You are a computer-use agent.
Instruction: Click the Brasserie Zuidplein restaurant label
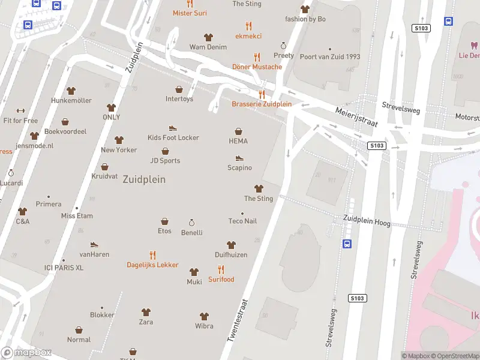pos(262,104)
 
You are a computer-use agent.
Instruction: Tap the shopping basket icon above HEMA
pos(238,131)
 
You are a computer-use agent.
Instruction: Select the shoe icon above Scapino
pos(239,158)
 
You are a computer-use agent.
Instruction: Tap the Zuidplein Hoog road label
pos(367,221)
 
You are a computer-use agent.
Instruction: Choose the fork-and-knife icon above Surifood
pos(221,269)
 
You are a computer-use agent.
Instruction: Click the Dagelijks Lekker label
pos(152,265)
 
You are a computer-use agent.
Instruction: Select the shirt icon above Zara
pos(146,312)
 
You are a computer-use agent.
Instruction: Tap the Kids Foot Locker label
pos(173,137)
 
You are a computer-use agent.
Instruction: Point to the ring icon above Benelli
pos(192,223)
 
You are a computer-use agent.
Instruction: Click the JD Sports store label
pos(165,160)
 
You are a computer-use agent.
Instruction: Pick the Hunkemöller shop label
pos(71,100)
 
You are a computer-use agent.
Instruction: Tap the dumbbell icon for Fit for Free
pos(20,110)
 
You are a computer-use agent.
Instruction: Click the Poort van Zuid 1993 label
pos(330,57)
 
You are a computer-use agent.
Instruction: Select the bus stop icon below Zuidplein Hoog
pos(347,244)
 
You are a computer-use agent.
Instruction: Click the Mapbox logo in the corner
pos(26,353)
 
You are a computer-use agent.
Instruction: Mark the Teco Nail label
pos(242,221)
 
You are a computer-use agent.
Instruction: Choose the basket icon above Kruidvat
pos(105,167)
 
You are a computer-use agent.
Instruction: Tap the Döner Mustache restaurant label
pos(257,67)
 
